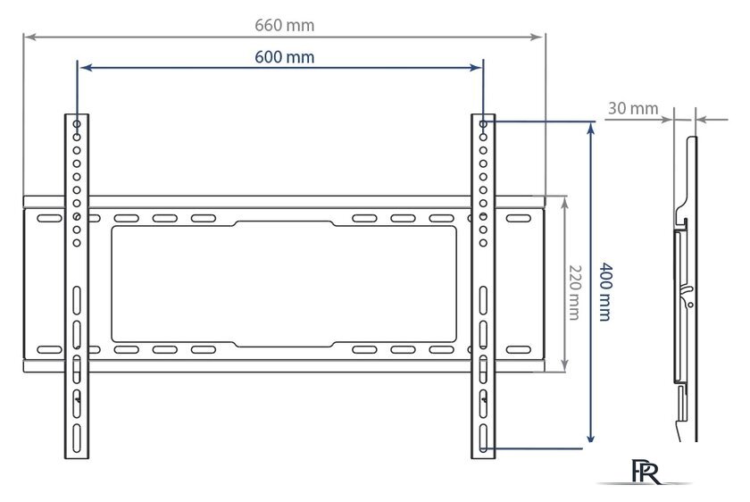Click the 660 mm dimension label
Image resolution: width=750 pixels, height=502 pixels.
coord(284,25)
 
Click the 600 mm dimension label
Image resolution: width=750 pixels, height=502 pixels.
coord(284,57)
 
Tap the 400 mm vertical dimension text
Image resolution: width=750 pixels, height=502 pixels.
coord(605,291)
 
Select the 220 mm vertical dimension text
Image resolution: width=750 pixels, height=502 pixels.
coord(574,292)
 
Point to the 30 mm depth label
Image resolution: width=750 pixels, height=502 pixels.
coord(633,108)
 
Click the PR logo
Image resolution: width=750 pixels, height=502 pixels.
coord(646,472)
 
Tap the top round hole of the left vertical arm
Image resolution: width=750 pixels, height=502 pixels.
coord(77,124)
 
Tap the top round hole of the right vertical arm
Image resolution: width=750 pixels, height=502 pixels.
coord(483,124)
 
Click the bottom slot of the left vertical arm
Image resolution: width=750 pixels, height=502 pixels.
coord(77,438)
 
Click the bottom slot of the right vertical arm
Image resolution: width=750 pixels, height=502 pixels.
coord(483,438)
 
